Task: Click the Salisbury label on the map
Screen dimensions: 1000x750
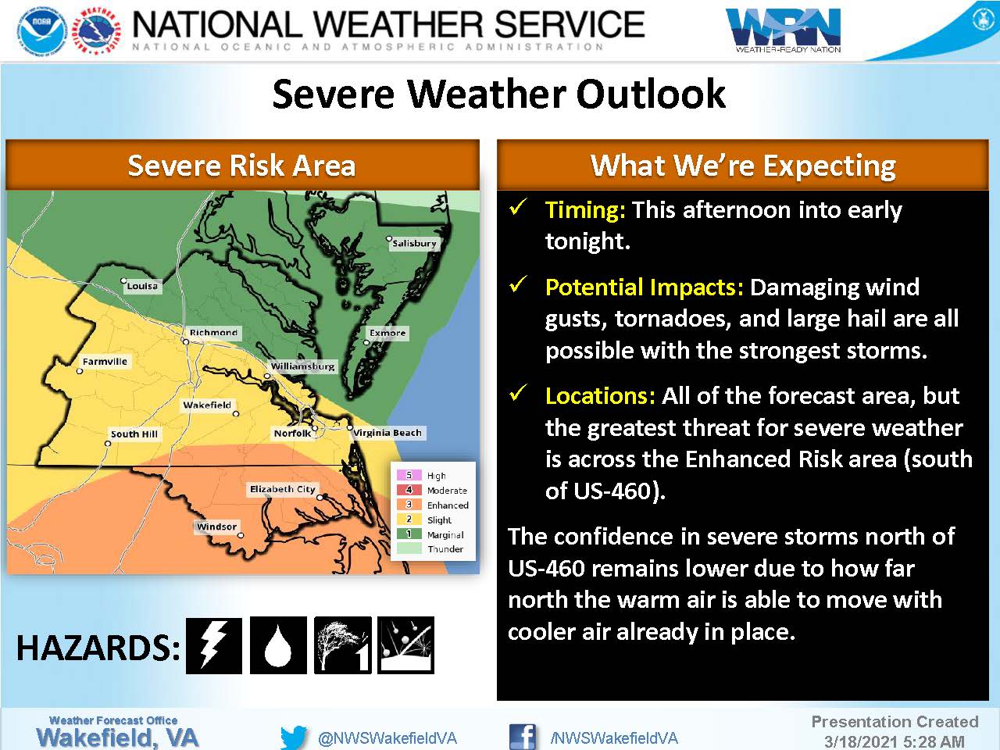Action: point(415,243)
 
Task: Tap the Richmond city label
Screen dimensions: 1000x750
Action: point(213,333)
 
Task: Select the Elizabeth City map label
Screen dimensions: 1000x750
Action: point(283,489)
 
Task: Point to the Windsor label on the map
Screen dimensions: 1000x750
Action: point(216,527)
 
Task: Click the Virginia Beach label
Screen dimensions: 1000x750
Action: point(387,433)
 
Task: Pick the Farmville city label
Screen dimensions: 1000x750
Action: point(105,362)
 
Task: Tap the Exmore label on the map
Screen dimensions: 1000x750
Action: point(387,333)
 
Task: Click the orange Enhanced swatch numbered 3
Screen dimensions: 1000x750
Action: point(409,505)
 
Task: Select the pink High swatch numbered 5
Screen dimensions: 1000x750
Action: point(409,475)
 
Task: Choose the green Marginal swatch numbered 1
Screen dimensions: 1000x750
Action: point(409,534)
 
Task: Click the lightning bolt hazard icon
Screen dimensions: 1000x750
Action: point(214,645)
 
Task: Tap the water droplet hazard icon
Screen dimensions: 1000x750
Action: point(278,645)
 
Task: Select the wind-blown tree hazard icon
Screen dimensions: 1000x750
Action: point(343,645)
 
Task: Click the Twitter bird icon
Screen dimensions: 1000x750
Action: point(294,737)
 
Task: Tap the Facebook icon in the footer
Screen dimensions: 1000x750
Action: point(522,737)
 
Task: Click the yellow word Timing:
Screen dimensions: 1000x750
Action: point(585,210)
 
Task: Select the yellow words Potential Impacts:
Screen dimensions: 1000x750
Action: point(645,287)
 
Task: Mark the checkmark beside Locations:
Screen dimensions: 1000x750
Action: point(519,392)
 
